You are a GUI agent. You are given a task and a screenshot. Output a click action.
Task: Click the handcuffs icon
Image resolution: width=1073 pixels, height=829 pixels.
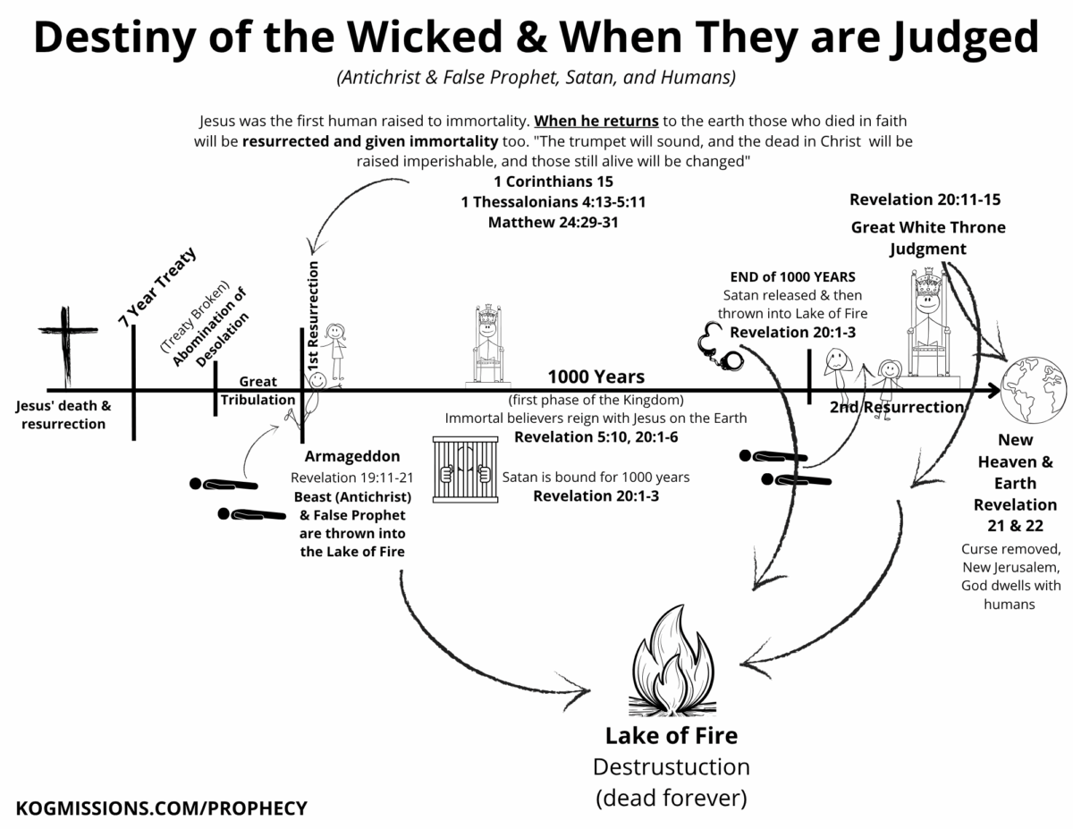(x=720, y=350)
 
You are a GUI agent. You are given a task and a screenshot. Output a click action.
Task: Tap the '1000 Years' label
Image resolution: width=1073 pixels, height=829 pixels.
(x=596, y=376)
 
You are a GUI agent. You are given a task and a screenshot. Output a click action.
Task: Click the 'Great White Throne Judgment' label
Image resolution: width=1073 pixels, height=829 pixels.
(x=927, y=237)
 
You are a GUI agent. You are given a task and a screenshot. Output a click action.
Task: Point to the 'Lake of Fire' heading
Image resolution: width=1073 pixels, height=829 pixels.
(x=671, y=736)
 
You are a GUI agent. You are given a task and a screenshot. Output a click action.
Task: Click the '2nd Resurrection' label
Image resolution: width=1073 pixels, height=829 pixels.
(x=896, y=408)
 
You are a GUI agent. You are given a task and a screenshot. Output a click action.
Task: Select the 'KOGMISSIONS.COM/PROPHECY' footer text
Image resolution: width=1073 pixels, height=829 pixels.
(x=162, y=808)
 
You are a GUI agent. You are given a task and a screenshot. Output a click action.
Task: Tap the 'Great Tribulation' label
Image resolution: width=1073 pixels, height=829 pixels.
(x=258, y=391)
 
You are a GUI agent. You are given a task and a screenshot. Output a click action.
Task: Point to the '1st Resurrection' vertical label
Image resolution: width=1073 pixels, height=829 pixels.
(x=314, y=317)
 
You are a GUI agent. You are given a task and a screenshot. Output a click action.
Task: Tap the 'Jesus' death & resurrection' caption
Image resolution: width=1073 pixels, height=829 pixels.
(x=63, y=414)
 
